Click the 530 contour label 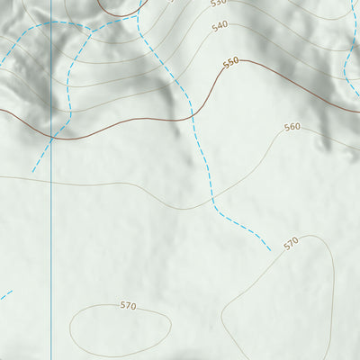[x=218, y=3]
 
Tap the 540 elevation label [x=220, y=26]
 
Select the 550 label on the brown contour [x=231, y=62]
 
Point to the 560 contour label [x=292, y=127]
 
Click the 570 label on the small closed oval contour [x=128, y=306]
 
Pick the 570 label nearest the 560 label [x=291, y=244]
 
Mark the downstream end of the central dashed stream [x=270, y=250]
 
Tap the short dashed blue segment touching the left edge [x=5, y=294]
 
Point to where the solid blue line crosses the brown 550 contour [x=51, y=137]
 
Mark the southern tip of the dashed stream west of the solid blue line [x=32, y=171]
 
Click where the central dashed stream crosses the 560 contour [x=210, y=195]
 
